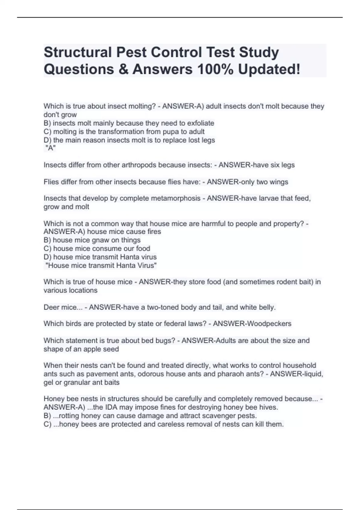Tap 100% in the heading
[215, 69]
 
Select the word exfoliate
[201, 123]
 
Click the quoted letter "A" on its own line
[50, 148]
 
